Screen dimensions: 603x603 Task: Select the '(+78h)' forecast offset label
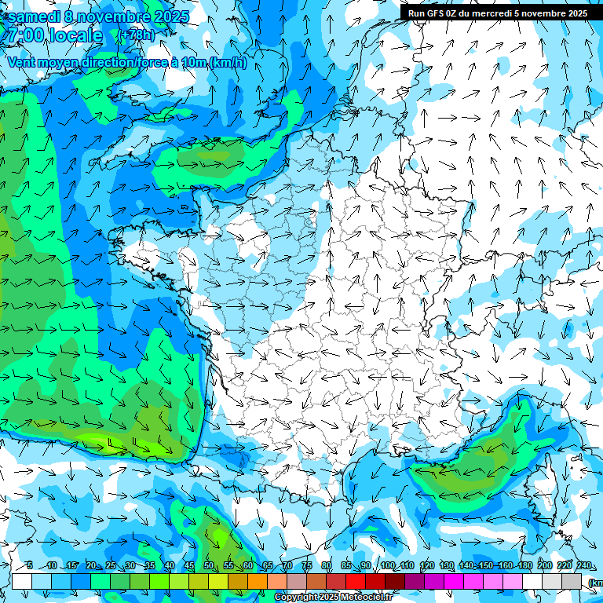[x=136, y=35]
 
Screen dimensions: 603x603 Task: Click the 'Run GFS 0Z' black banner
[x=498, y=13]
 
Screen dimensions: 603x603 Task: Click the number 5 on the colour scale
[x=29, y=566]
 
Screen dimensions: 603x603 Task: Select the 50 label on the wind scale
[x=209, y=566]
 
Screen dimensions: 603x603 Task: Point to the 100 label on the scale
[x=388, y=566]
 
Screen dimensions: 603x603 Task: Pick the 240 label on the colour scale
[x=584, y=566]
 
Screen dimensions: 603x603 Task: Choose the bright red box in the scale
[x=356, y=581]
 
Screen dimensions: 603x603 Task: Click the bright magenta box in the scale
[x=454, y=581]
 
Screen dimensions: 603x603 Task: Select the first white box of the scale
[x=22, y=581]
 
